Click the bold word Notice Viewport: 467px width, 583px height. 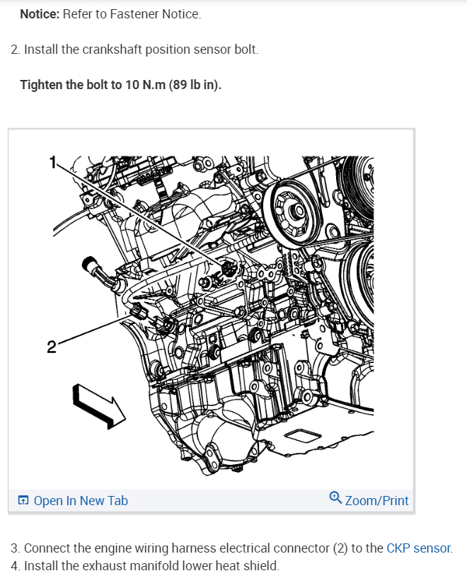[x=40, y=14]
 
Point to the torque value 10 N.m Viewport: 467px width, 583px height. [x=135, y=86]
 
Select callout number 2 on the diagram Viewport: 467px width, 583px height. [x=51, y=347]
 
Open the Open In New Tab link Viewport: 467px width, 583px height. [x=81, y=501]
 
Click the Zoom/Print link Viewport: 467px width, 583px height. [x=376, y=501]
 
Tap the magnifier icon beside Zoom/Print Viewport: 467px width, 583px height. [x=336, y=500]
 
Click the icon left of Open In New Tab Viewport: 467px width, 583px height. [x=23, y=501]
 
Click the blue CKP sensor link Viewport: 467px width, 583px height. [x=418, y=548]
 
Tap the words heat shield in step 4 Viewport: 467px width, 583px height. [x=241, y=566]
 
